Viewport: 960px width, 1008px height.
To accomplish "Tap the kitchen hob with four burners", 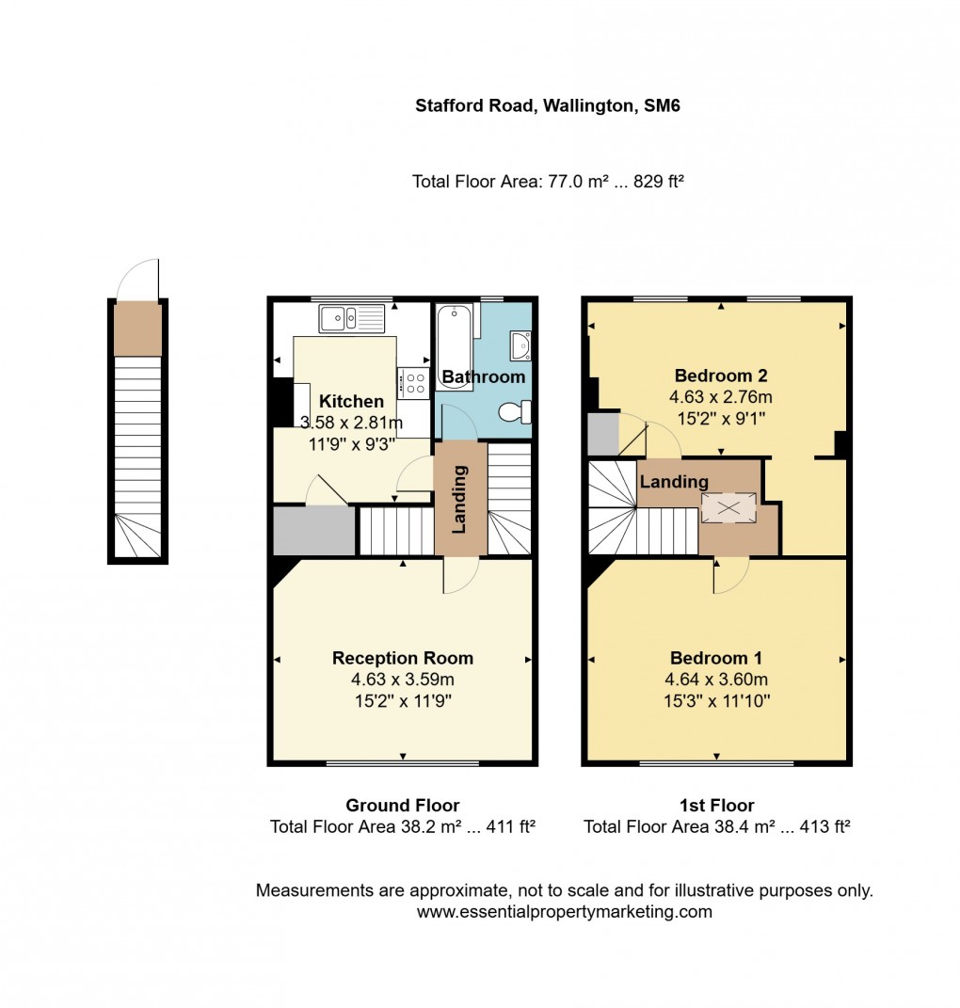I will click(x=414, y=380).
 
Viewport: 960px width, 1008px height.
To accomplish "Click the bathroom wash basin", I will click(x=520, y=346).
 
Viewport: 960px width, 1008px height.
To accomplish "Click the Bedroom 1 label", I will click(x=716, y=658).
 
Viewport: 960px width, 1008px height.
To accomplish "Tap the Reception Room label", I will click(x=403, y=658).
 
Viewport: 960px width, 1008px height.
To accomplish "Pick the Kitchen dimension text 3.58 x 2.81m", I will click(x=351, y=421).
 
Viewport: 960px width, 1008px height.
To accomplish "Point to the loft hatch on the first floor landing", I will click(x=728, y=507).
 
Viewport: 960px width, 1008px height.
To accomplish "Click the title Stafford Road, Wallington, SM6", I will click(x=548, y=106).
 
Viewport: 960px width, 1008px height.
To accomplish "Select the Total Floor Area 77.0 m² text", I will click(x=548, y=182).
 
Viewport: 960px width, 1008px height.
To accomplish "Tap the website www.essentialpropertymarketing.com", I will click(x=564, y=911).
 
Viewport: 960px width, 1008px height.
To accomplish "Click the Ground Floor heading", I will click(x=403, y=805).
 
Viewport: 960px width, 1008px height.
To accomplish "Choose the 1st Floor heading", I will click(x=717, y=805).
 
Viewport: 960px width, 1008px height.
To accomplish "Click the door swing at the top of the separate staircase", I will click(x=139, y=280).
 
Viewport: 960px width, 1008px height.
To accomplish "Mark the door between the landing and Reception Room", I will click(x=460, y=575).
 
